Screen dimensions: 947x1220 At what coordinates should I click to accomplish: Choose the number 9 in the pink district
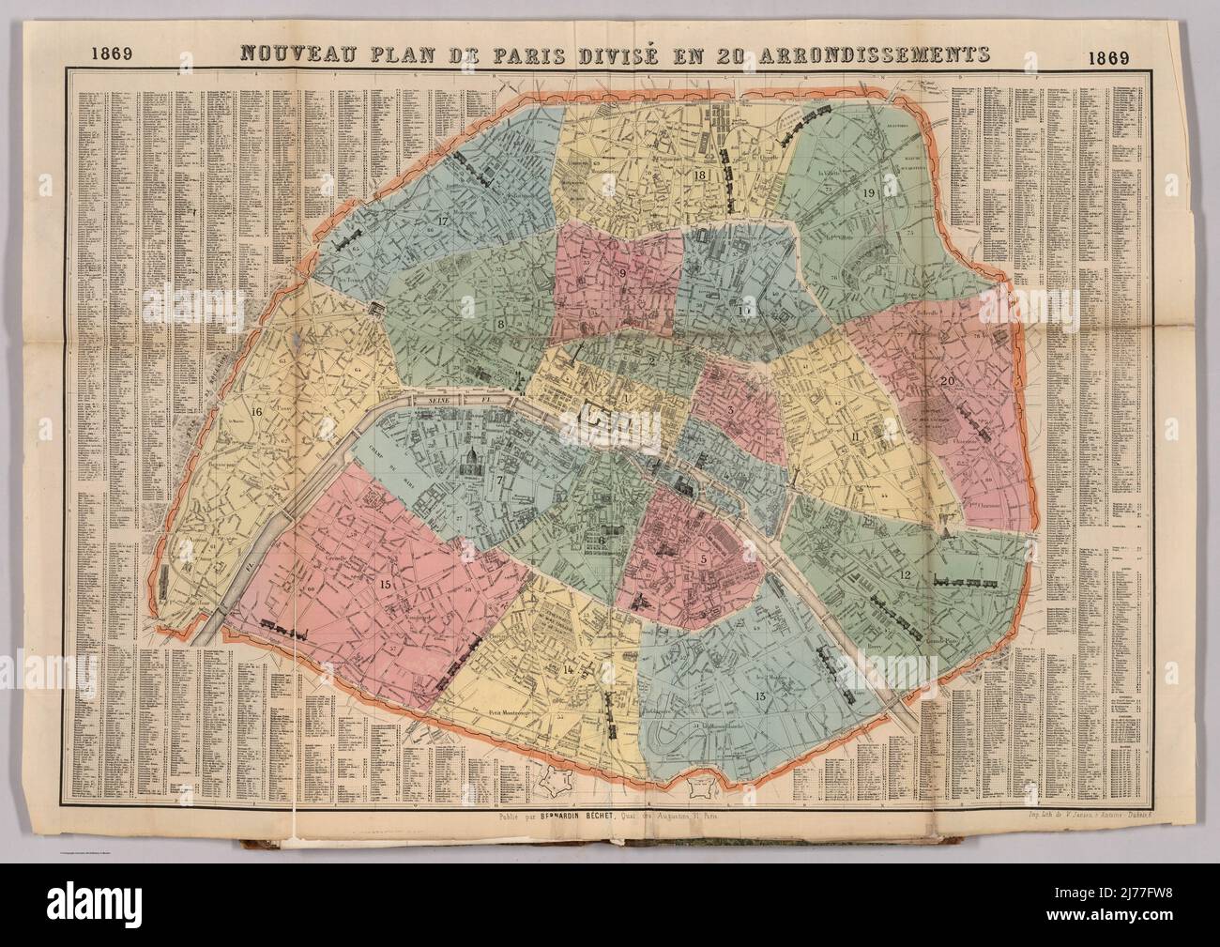(x=621, y=272)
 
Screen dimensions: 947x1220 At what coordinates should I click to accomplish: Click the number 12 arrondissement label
(x=903, y=574)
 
